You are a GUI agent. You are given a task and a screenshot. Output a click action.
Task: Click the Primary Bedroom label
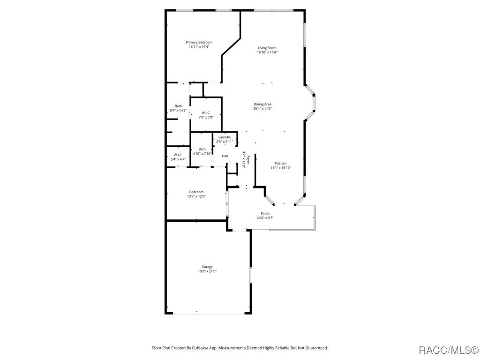pos(199,42)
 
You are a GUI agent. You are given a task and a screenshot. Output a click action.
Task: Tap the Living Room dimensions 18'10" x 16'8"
pos(267,52)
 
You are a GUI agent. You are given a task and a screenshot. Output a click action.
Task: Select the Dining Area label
pos(262,104)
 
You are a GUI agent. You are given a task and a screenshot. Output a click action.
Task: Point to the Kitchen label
pos(281,164)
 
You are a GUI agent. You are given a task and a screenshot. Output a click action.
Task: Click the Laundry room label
pos(225,137)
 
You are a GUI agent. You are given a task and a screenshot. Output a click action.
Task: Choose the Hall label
pos(225,156)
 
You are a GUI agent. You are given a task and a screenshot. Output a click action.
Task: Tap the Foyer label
pos(248,160)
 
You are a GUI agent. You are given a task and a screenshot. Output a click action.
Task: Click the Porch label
pos(265,213)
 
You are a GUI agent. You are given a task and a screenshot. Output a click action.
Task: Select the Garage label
pos(207,267)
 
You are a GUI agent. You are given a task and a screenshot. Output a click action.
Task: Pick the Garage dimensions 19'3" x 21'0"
pos(207,271)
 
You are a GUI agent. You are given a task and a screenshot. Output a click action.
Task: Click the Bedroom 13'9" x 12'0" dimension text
pos(196,196)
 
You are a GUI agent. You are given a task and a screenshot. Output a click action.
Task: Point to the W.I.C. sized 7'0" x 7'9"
pos(206,113)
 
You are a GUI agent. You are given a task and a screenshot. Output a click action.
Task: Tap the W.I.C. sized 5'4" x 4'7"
pos(178,155)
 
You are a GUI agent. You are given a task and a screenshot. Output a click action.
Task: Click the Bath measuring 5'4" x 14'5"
pos(178,106)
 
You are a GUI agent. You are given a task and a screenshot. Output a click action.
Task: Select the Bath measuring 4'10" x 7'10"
pos(202,149)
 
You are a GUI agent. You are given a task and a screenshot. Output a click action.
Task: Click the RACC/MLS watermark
pos(448,350)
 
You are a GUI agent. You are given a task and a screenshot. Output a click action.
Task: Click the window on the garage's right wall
pos(250,275)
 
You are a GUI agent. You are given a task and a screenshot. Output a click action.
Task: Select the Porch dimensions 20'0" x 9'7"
pos(265,218)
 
